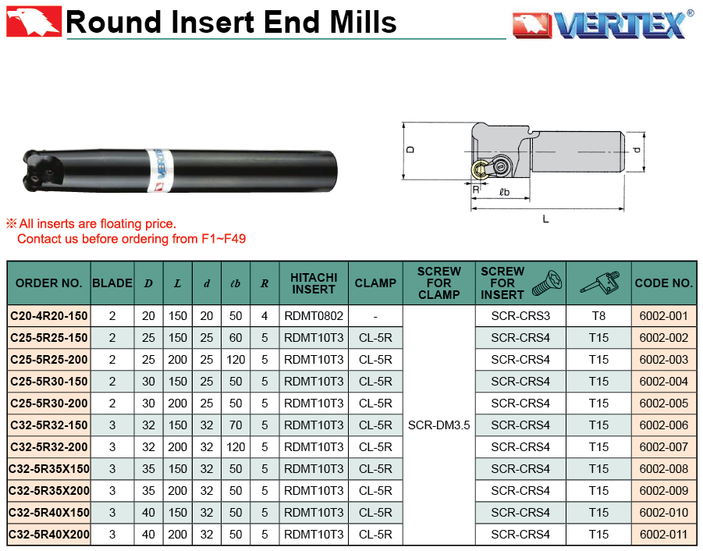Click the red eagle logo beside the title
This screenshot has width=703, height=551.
click(34, 21)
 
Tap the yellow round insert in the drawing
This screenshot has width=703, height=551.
click(480, 170)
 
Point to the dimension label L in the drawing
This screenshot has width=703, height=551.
click(545, 219)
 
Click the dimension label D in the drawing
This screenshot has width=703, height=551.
click(410, 150)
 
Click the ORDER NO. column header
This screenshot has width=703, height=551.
click(49, 283)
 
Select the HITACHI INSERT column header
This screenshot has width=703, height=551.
click(314, 283)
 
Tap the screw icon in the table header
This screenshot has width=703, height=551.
click(547, 283)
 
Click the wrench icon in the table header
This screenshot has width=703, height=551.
click(599, 283)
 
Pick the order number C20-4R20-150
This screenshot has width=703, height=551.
click(49, 316)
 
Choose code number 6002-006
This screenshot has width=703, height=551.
click(663, 425)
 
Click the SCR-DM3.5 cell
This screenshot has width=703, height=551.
click(439, 425)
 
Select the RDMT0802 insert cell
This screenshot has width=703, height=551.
click(314, 316)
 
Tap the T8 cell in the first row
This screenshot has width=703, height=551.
click(599, 316)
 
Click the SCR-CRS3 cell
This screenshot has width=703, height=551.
click(520, 316)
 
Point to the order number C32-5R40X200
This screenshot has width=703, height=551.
click(49, 535)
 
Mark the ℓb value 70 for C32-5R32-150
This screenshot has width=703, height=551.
click(236, 425)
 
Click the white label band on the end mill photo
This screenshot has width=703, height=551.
click(160, 170)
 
